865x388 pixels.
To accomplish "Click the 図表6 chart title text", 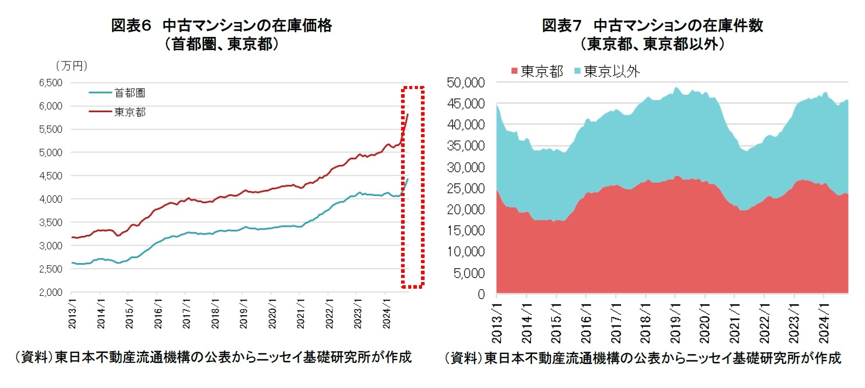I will (221, 26).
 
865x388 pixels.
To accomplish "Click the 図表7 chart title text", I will (652, 26).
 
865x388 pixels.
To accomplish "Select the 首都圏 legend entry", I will (129, 93).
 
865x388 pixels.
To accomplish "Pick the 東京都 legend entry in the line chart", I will (129, 112).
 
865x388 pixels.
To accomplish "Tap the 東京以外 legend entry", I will (611, 71).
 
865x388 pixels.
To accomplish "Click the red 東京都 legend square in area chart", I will (515, 71).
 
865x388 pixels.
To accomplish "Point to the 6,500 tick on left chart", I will (50, 82).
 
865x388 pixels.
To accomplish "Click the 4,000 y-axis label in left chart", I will (50, 199).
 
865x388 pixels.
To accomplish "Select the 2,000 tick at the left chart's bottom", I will (50, 292).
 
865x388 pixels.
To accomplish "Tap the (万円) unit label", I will (72, 66).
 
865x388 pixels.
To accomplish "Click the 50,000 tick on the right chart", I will (465, 82).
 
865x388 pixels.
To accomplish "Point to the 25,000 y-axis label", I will (465, 188).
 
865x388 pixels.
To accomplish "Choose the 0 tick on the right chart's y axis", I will (481, 294).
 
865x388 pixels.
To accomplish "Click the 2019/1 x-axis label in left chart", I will (244, 314).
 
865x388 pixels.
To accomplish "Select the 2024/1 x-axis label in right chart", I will (824, 322).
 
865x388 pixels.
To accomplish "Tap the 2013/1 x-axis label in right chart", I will (497, 322).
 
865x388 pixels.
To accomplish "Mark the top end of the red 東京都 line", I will (408, 114).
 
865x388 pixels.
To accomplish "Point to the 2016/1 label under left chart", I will (158, 314).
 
